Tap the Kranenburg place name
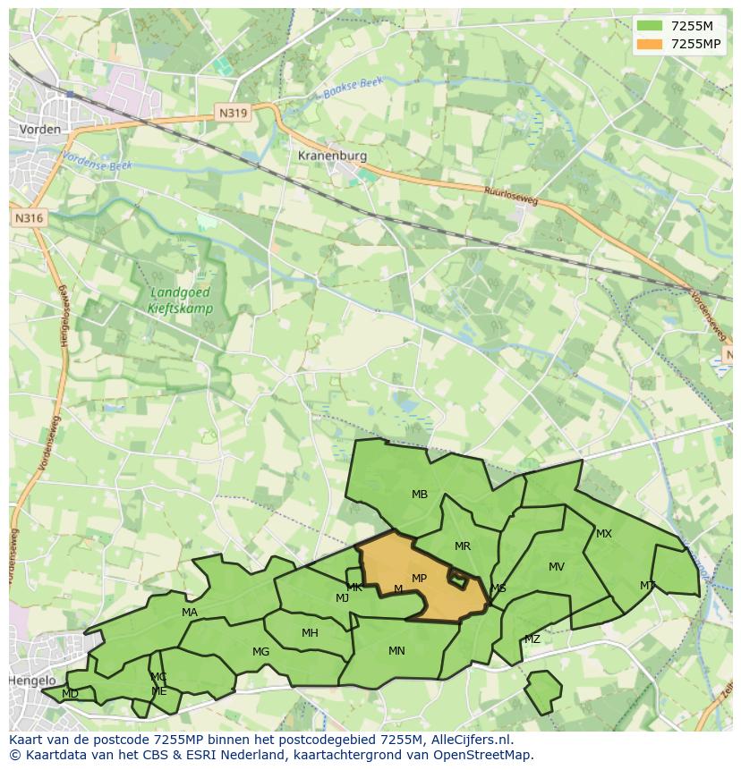(332, 156)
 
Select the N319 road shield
(231, 114)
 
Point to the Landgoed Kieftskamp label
(183, 300)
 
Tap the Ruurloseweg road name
(510, 196)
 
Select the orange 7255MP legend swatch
(650, 44)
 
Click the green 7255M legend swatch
(650, 26)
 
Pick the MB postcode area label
(420, 495)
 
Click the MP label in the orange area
(419, 579)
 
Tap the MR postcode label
(463, 546)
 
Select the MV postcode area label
(557, 567)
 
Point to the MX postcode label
(604, 534)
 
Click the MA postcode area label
(190, 613)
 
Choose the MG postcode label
(260, 652)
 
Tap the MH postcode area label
(310, 633)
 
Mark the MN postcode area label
(396, 651)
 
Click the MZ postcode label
(532, 639)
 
